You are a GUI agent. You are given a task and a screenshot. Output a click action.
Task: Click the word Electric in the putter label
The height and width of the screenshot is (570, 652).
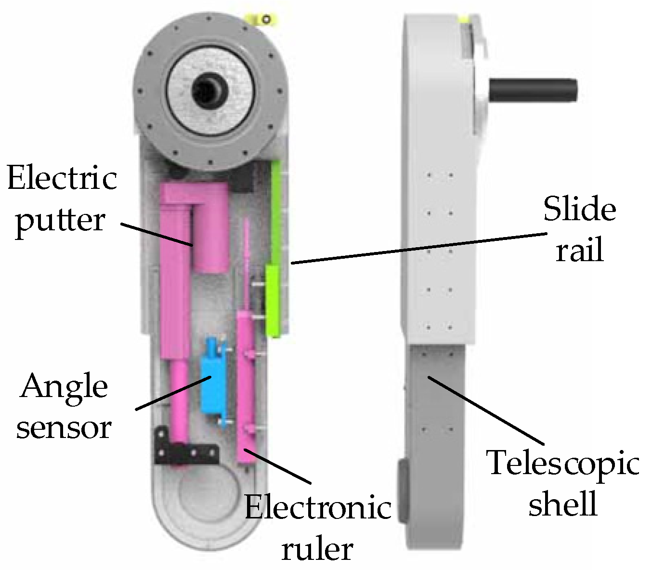62,179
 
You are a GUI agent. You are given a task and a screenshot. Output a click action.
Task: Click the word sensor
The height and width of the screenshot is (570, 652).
64,427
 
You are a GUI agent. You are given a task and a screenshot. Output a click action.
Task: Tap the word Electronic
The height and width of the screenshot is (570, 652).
318,508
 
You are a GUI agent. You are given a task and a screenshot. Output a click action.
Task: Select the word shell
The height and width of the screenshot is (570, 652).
563,504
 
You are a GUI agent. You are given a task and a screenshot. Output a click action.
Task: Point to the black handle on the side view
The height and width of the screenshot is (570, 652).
532,90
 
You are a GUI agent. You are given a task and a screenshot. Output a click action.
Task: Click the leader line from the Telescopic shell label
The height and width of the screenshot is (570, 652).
486,410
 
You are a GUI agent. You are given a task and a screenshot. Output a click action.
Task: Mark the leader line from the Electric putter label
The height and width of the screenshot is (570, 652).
156,234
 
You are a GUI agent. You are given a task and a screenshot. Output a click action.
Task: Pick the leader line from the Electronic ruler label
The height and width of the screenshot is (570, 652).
277,466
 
